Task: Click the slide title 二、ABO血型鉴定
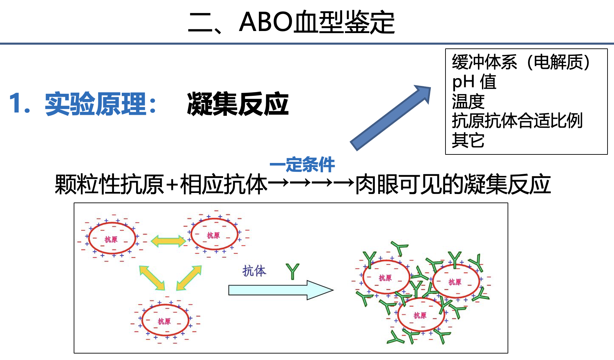(x=292, y=22)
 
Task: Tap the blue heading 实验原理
(x=96, y=104)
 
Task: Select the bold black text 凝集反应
(x=238, y=104)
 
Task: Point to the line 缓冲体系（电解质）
(x=521, y=62)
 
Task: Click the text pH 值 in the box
(x=474, y=82)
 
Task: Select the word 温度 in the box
(x=468, y=101)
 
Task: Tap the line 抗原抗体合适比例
(x=517, y=121)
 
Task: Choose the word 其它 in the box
(x=468, y=140)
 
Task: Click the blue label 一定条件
(x=302, y=165)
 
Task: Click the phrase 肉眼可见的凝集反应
(x=453, y=184)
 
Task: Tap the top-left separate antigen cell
(x=112, y=238)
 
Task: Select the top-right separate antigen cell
(x=214, y=234)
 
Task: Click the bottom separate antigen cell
(x=165, y=320)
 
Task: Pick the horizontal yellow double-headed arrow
(x=168, y=241)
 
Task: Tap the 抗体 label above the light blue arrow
(x=254, y=271)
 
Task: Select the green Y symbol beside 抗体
(x=292, y=271)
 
